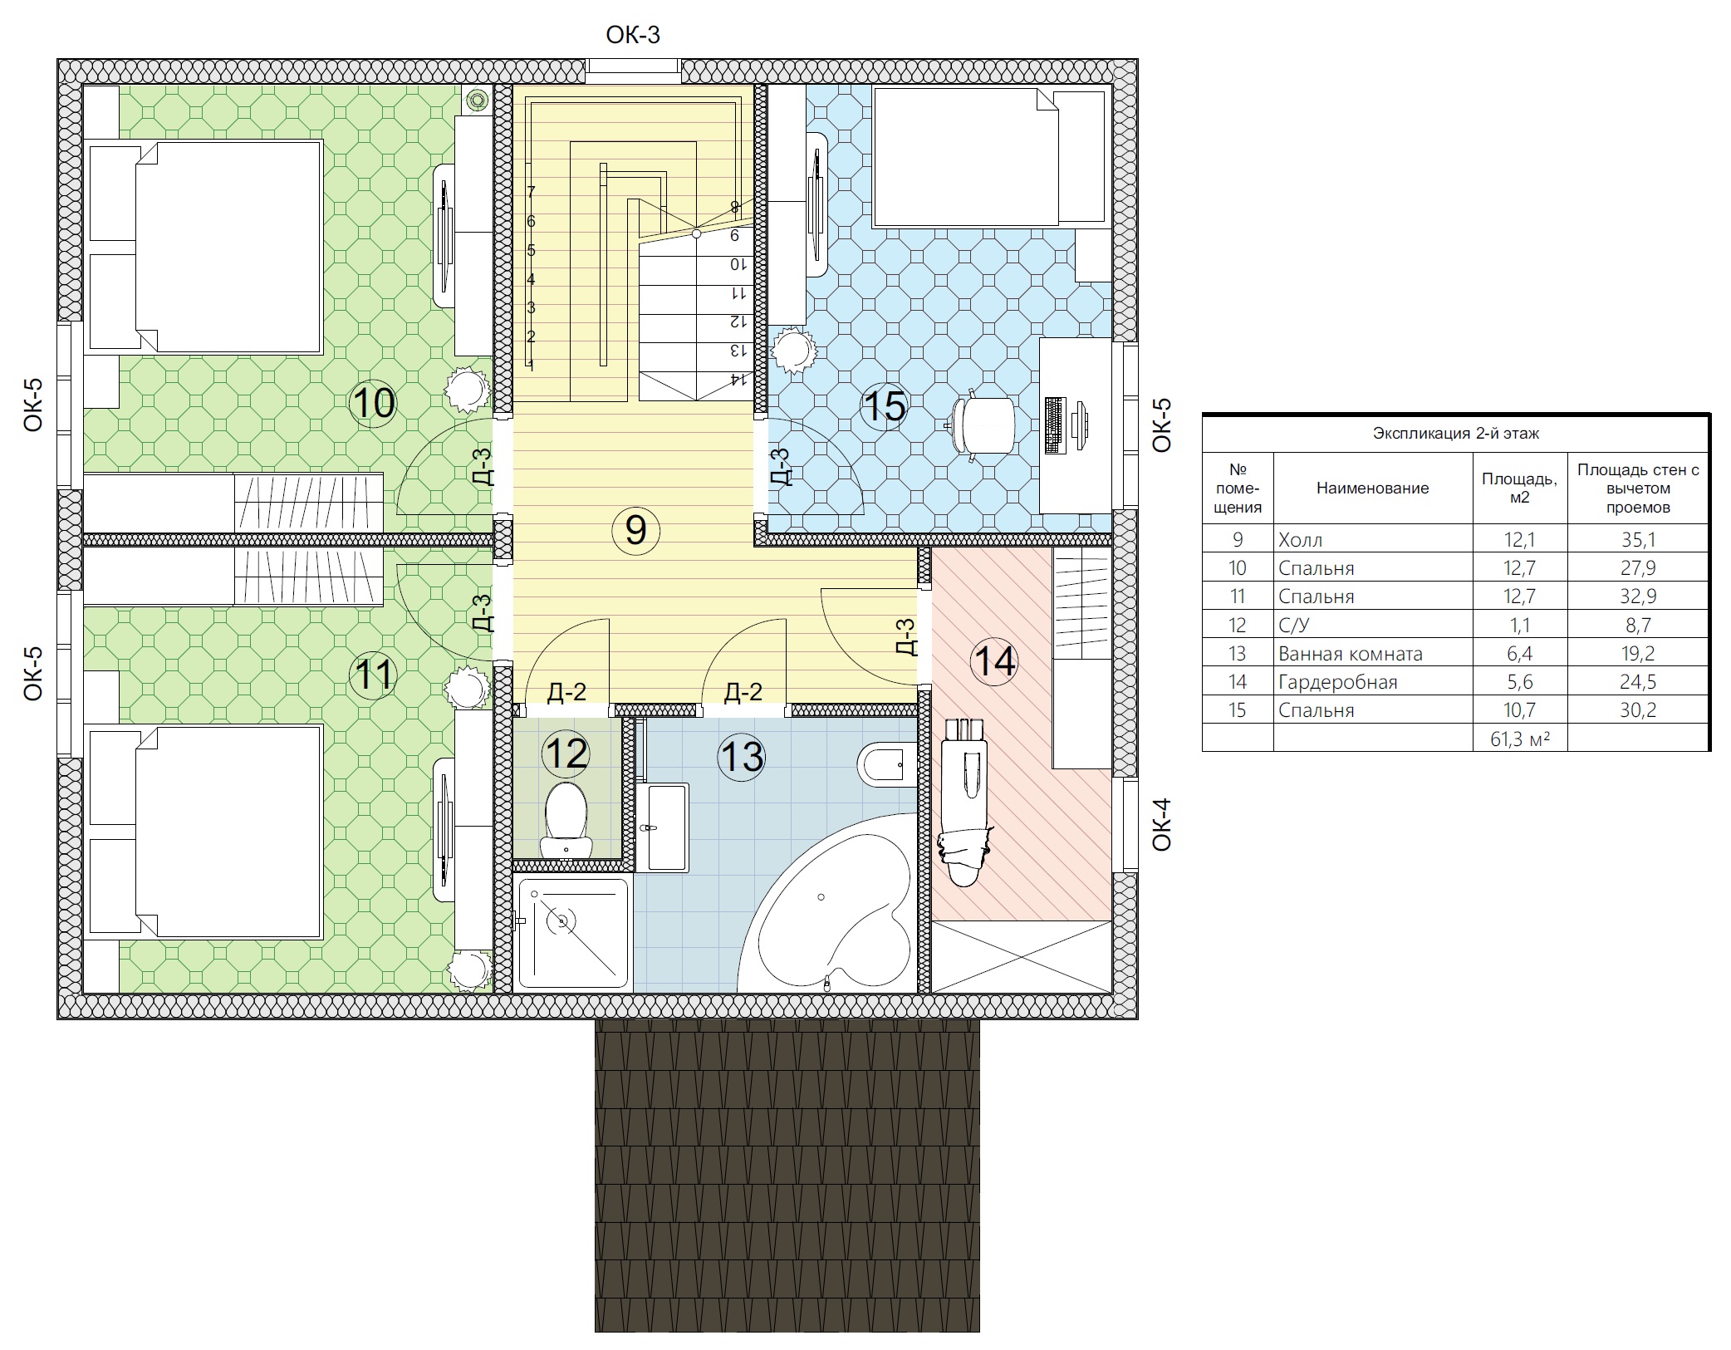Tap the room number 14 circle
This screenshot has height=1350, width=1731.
995,661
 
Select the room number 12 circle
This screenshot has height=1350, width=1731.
566,754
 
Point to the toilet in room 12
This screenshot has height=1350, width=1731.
566,818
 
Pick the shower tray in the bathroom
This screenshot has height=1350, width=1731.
573,933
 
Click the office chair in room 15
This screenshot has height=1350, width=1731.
983,425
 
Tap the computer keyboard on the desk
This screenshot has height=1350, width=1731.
1055,425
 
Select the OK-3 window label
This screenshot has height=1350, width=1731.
633,35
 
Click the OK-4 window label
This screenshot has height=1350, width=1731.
1161,824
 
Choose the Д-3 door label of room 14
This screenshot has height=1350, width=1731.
907,636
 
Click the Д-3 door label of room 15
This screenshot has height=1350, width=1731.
780,466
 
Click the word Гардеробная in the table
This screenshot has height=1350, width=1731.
1337,682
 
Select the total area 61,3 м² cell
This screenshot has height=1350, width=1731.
1519,739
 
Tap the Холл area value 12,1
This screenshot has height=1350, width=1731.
1519,540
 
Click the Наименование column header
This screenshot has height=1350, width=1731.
1372,488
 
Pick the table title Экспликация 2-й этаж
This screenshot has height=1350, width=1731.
1455,433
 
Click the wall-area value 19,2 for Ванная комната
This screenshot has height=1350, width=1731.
1637,654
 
